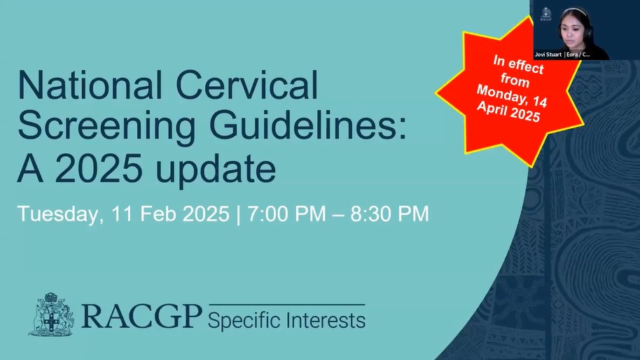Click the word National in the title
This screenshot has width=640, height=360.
[x=90, y=85]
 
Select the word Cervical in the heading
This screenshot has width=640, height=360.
[x=247, y=85]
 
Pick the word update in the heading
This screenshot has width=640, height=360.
[x=216, y=170]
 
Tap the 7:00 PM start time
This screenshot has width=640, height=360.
[x=286, y=214]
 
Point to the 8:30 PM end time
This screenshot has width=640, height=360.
[x=389, y=214]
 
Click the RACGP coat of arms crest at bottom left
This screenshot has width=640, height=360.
[x=51, y=314]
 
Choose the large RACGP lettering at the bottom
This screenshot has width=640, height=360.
[x=141, y=317]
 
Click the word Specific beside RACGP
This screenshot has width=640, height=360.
[x=245, y=321]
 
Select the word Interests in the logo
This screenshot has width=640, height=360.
[x=326, y=320]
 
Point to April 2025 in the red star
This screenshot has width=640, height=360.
[x=508, y=111]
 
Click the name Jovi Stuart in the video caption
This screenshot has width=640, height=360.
[x=548, y=55]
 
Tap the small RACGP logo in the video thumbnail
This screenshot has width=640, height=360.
[x=545, y=14]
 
